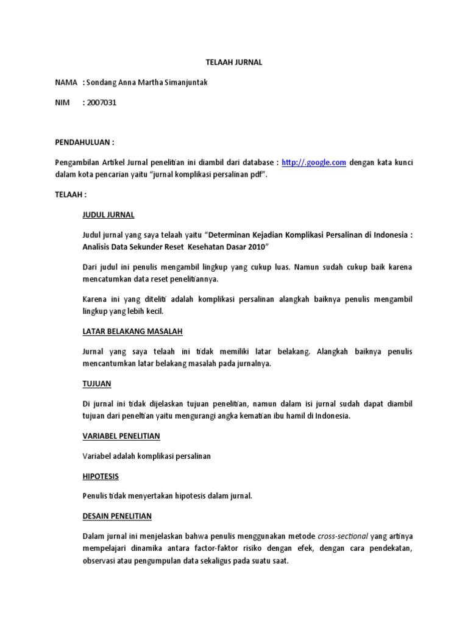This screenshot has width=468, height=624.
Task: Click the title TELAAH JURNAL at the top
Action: (x=233, y=62)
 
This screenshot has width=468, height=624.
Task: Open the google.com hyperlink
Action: (x=314, y=162)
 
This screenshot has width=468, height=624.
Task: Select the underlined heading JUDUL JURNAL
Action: (x=108, y=215)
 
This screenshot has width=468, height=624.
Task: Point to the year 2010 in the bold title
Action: (x=254, y=247)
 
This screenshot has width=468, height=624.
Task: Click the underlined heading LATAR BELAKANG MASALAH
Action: (x=132, y=331)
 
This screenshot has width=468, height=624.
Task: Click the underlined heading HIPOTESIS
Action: (x=101, y=476)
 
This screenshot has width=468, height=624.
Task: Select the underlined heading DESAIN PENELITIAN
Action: (x=117, y=516)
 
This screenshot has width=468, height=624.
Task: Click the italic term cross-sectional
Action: (x=343, y=536)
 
